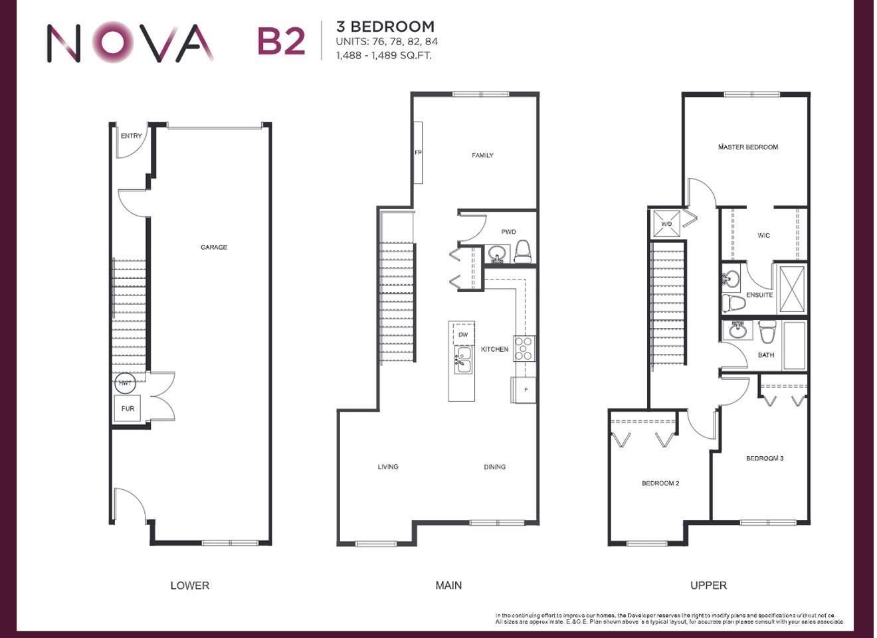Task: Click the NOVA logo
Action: [x=130, y=43]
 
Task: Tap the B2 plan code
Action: [x=280, y=41]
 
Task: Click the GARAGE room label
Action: [x=214, y=247]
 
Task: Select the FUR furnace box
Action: [x=128, y=408]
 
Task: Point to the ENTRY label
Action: [x=131, y=136]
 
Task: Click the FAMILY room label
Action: [x=482, y=155]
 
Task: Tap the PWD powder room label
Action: [x=508, y=232]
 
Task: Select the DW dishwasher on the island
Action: [x=463, y=335]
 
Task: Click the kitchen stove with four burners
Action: [x=524, y=349]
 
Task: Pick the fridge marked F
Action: [x=524, y=390]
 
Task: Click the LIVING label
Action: [x=388, y=467]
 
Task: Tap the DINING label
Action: [x=494, y=467]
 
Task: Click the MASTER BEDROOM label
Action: [x=747, y=147]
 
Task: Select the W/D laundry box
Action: [x=666, y=223]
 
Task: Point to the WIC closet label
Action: [x=763, y=236]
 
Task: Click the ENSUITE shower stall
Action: [x=791, y=289]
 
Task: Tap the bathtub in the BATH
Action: [x=795, y=345]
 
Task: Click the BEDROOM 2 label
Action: [x=660, y=483]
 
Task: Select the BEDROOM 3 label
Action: [x=764, y=458]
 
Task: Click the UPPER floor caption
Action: [x=708, y=585]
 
